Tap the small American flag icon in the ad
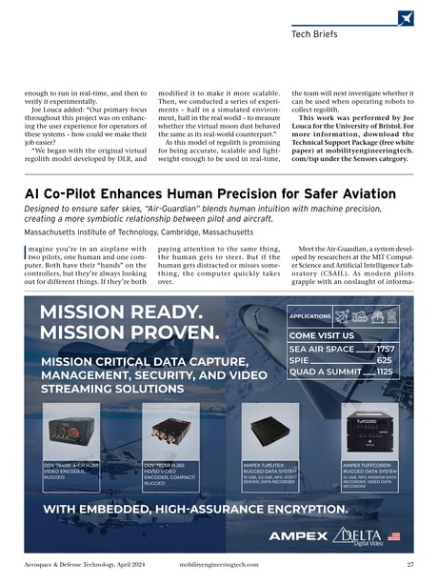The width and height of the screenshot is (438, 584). click(x=393, y=536)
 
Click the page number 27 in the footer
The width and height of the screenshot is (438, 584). click(x=408, y=565)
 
